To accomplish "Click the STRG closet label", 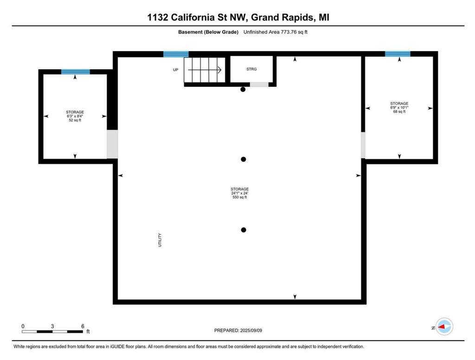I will [x=251, y=69].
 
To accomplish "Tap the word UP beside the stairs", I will [x=175, y=70].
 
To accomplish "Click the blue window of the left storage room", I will [x=75, y=71].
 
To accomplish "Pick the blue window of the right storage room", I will [x=398, y=54].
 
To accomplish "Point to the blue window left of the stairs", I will [x=176, y=54].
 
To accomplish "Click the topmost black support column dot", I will [x=243, y=90].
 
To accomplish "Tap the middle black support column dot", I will [x=243, y=159].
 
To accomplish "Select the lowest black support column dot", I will [x=243, y=230].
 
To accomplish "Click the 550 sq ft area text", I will [x=240, y=197].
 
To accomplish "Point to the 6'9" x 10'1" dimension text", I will [x=399, y=108].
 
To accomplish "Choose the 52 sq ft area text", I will [x=75, y=120].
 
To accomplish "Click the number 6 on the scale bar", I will [x=83, y=326].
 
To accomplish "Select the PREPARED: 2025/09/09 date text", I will [x=241, y=330].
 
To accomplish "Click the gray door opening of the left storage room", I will [x=113, y=144].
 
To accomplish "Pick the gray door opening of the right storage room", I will [x=363, y=145].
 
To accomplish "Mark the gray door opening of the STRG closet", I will [x=259, y=84].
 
